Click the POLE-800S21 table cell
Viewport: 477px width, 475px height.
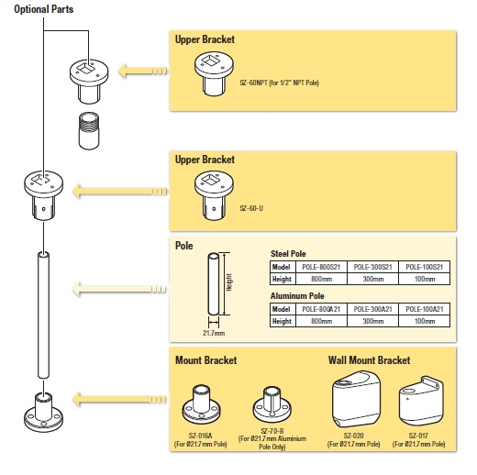[321, 266]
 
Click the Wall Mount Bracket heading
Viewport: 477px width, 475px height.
[370, 359]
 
